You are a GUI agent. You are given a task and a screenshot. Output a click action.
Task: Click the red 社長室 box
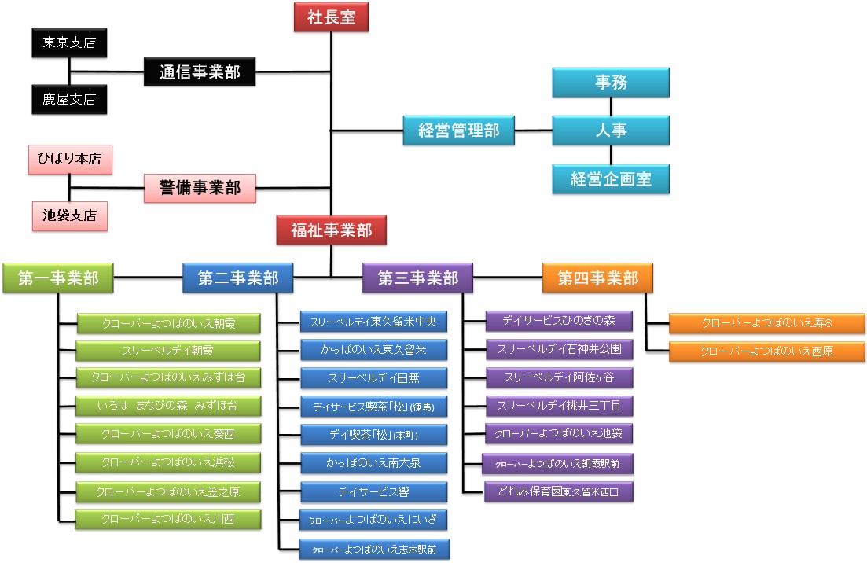[331, 17]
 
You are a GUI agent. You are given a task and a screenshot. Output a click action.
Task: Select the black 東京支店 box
[69, 43]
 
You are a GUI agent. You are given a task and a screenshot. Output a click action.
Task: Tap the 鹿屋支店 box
[69, 100]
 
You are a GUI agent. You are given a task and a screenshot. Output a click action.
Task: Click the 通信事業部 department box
[200, 73]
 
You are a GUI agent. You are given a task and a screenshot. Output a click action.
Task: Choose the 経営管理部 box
[458, 131]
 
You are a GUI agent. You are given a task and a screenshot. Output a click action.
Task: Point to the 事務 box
[610, 82]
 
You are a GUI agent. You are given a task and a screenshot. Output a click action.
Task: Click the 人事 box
[610, 131]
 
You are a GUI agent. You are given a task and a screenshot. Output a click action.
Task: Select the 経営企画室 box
[610, 179]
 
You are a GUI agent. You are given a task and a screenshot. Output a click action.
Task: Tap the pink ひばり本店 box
[69, 159]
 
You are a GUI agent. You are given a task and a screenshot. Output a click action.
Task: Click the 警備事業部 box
[200, 189]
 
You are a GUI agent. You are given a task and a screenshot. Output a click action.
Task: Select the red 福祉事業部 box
[331, 230]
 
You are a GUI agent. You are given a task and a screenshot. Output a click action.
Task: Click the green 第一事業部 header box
[58, 278]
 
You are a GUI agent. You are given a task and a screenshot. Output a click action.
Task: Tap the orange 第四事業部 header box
[597, 278]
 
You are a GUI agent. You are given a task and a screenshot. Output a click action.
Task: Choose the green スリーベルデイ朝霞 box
[168, 350]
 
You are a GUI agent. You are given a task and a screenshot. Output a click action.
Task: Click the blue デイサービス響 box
[373, 492]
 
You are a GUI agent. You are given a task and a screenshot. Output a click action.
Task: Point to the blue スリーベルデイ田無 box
[373, 378]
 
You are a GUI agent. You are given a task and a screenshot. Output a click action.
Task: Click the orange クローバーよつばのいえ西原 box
[766, 351]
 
